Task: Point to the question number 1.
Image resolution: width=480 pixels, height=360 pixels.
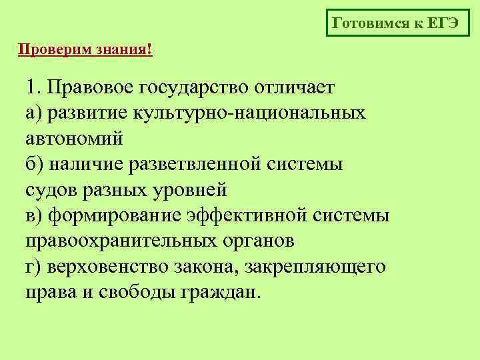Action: (x=33, y=88)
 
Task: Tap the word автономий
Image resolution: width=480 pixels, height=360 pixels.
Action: (x=75, y=139)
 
